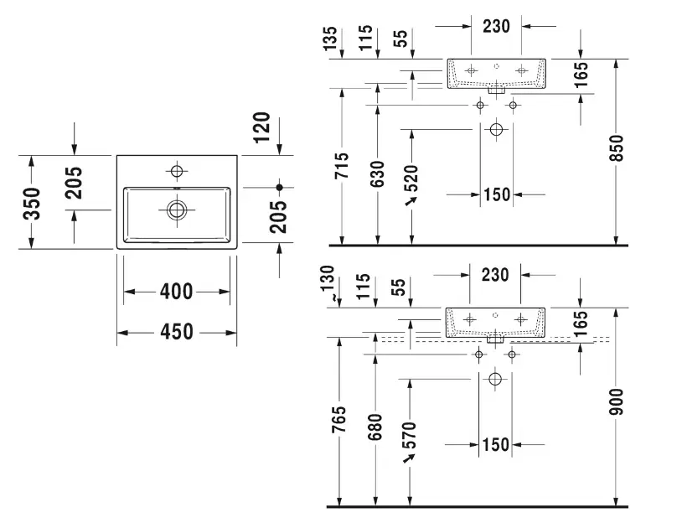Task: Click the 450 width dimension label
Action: (177, 333)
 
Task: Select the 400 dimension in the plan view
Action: (176, 292)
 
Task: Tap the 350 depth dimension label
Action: (31, 204)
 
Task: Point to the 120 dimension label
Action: (261, 127)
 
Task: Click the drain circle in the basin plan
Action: (177, 209)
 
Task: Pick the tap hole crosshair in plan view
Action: (176, 172)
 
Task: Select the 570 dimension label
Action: (409, 436)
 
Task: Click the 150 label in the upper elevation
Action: (496, 195)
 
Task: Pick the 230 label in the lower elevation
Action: (496, 274)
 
